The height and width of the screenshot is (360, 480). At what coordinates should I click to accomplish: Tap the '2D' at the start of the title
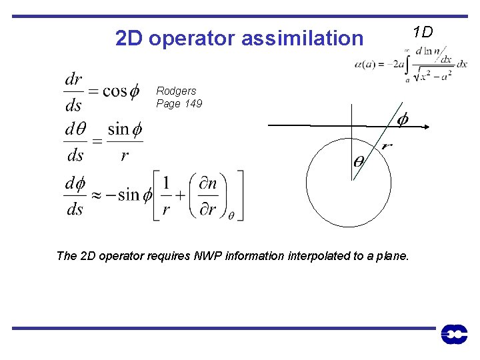(x=129, y=39)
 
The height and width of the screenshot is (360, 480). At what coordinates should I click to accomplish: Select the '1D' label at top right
(x=423, y=31)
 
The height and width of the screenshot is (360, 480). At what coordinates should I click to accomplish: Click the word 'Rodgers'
(x=176, y=91)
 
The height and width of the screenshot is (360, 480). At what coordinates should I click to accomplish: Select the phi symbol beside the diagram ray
(x=403, y=119)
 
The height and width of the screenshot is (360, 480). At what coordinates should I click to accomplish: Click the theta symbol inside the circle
(x=359, y=161)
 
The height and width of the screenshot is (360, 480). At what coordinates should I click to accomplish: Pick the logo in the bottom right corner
(x=454, y=335)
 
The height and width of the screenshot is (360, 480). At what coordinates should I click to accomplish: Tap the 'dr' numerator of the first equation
(x=73, y=80)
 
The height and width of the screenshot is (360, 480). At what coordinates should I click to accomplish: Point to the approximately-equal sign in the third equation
(x=97, y=195)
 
